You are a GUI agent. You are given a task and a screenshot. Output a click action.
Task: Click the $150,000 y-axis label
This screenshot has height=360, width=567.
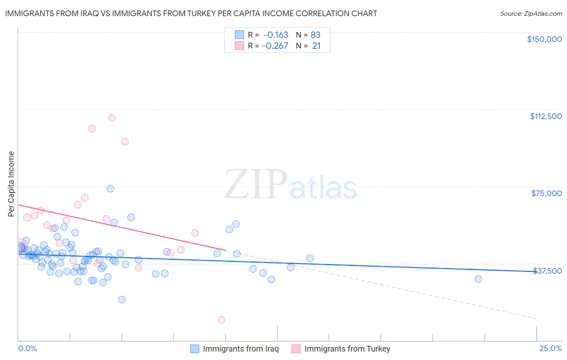pyautogui.click(x=544, y=39)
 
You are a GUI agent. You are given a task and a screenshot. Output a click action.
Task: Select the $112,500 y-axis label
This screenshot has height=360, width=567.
pyautogui.click(x=546, y=116)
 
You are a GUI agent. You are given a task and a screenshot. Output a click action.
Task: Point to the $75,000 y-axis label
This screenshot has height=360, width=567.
pyautogui.click(x=546, y=193)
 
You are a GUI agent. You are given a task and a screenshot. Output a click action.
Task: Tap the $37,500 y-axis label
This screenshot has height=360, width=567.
pyautogui.click(x=547, y=270)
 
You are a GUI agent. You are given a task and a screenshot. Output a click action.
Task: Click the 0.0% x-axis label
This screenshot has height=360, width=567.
pyautogui.click(x=27, y=348)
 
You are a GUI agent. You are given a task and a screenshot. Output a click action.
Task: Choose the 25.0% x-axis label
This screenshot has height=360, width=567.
pyautogui.click(x=550, y=348)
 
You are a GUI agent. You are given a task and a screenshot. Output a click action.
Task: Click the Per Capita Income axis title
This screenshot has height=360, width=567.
pyautogui.click(x=11, y=184)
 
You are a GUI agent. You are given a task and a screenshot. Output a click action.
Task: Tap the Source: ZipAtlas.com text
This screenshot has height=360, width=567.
pyautogui.click(x=531, y=13)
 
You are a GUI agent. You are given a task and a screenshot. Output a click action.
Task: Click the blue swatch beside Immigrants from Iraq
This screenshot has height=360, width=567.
pyautogui.click(x=195, y=349)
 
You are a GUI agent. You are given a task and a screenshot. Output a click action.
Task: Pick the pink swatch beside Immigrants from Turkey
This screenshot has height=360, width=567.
pyautogui.click(x=296, y=349)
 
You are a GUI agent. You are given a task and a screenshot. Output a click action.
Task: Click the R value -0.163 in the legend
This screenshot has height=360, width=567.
pyautogui.click(x=276, y=35)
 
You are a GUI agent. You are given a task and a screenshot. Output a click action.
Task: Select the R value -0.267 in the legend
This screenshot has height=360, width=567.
pyautogui.click(x=275, y=46)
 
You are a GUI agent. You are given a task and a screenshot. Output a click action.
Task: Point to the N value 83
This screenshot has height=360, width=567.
pyautogui.click(x=315, y=35)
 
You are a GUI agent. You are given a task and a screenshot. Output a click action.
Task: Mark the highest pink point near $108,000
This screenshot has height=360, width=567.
pyautogui.click(x=112, y=118)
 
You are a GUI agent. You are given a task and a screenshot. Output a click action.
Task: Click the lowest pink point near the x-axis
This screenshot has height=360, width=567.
pyautogui.click(x=221, y=320)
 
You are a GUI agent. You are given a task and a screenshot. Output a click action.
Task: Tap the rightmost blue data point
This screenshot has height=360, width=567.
pyautogui.click(x=478, y=279)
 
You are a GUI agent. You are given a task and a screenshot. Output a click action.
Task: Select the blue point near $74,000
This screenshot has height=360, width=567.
pyautogui.click(x=110, y=188)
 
